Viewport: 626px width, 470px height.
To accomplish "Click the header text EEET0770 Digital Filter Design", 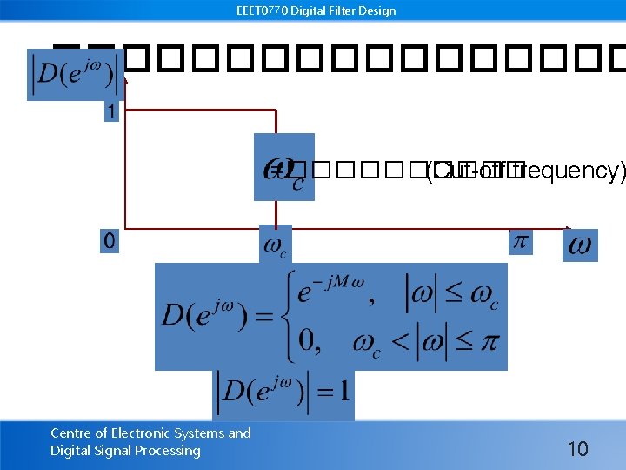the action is point(315,10).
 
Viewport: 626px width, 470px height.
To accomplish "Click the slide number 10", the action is point(577,449).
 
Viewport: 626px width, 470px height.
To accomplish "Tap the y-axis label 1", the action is point(111,111).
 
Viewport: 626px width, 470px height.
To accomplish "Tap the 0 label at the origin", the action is point(109,241).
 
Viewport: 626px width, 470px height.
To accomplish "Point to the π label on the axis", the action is point(520,241).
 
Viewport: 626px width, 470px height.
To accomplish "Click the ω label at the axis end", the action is point(580,245).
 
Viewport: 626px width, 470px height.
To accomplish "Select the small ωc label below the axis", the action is point(275,245).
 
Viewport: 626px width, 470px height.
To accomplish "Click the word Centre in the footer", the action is point(70,433).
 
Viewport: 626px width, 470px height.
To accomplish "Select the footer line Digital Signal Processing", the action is point(125,451).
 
